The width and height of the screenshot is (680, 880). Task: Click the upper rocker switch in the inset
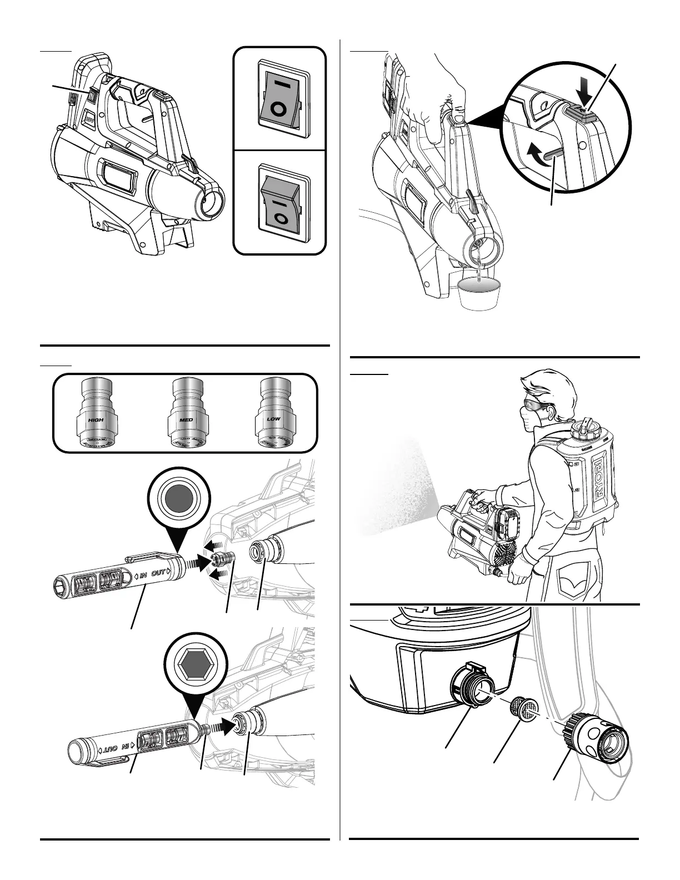279,98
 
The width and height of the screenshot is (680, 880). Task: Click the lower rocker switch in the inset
279,205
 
